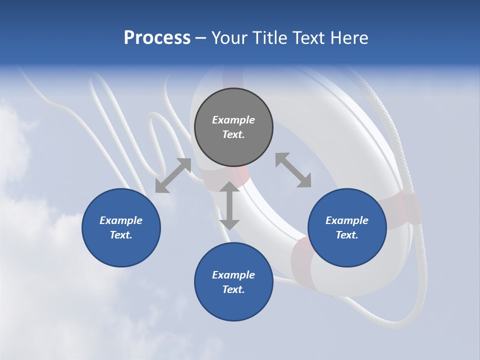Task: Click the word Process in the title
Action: tap(157, 38)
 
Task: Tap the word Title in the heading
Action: tap(268, 38)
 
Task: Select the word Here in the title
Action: tap(349, 38)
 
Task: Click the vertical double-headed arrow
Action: tap(229, 205)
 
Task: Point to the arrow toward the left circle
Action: tap(173, 175)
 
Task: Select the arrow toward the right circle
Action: tap(293, 170)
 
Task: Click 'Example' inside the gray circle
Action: tap(233, 120)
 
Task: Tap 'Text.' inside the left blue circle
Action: tap(121, 235)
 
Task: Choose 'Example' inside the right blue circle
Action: tap(347, 220)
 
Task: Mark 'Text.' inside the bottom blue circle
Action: tap(233, 289)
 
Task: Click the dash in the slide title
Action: tap(201, 38)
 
